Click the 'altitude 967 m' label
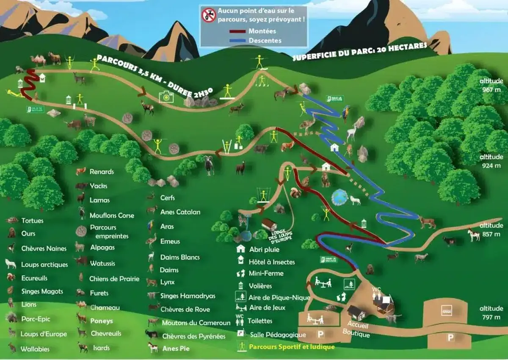pos(491,85)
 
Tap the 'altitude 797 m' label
pos(491,313)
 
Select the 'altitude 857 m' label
pos(491,230)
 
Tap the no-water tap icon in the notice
pos(208,16)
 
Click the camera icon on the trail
pos(166,97)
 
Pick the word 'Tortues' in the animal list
pos(32,221)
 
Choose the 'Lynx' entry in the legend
pos(167,282)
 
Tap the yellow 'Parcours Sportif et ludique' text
pos(292,347)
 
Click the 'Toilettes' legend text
pos(260,321)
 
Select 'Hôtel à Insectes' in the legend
pos(272,262)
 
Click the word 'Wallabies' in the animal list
pos(35,349)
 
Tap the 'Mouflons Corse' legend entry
pos(111,215)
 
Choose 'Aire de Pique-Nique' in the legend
pos(279,297)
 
